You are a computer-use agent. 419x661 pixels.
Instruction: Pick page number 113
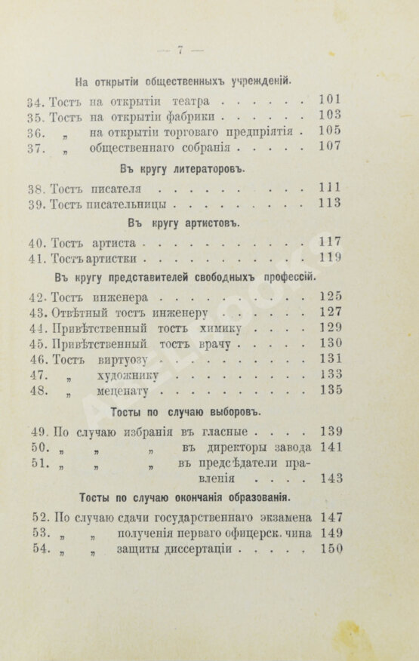coord(331,204)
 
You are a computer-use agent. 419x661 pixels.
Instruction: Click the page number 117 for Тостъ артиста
coord(331,241)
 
